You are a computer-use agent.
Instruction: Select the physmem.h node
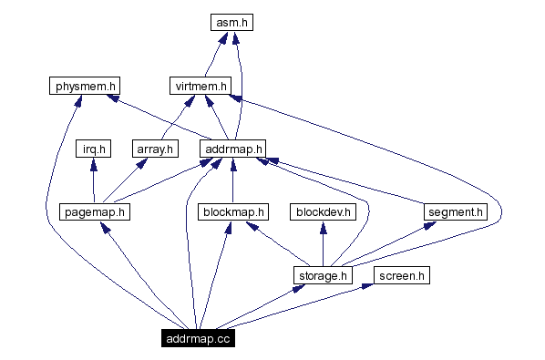[x=84, y=87]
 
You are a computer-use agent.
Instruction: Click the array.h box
[x=154, y=149]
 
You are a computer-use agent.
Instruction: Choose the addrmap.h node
[x=232, y=149]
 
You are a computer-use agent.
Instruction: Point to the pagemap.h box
[x=95, y=211]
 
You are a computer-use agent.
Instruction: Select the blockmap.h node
[x=232, y=211]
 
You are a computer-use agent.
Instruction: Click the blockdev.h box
[x=322, y=211]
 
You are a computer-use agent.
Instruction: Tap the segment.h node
[x=456, y=211]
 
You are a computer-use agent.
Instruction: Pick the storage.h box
[x=322, y=274]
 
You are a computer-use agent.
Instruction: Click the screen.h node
[x=402, y=274]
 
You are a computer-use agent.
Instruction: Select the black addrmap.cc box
[x=197, y=338]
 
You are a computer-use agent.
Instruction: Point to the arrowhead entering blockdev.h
[x=322, y=228]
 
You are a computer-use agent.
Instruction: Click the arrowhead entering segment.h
[x=428, y=226]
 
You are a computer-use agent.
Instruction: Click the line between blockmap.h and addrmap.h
[x=232, y=182]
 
